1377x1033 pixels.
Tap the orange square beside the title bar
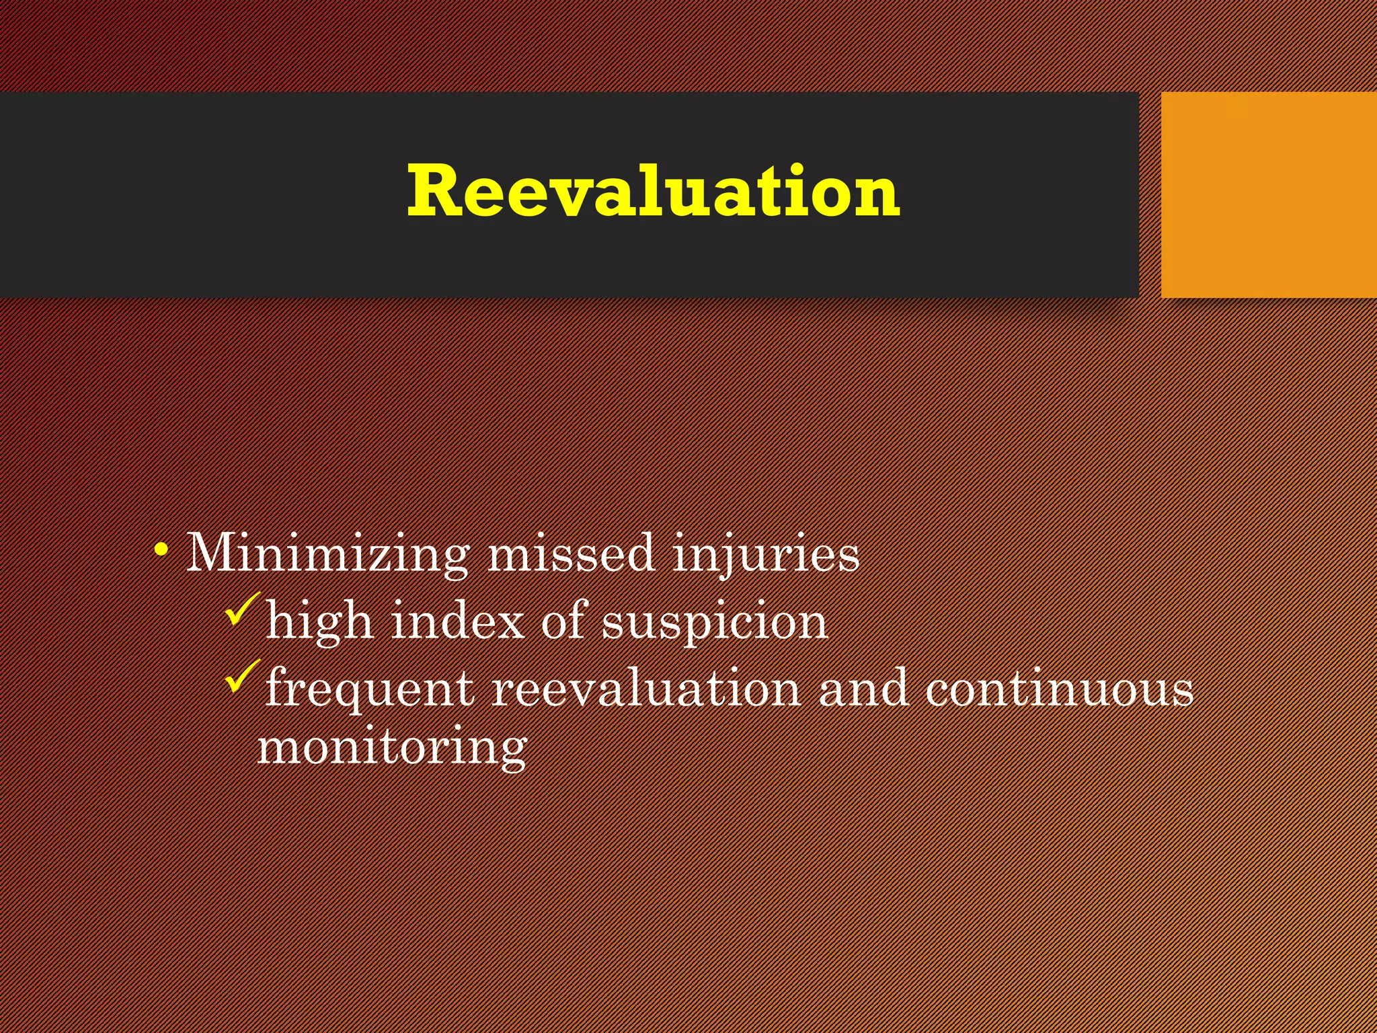1269,195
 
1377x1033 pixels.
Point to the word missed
571,553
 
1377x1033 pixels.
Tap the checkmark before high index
243,609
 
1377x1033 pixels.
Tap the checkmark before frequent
243,676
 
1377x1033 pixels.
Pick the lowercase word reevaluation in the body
646,688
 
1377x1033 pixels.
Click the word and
863,688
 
